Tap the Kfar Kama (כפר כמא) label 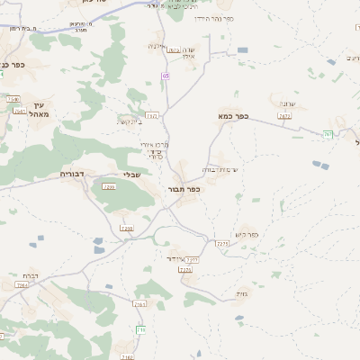[232, 116]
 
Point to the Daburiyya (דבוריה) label [71, 173]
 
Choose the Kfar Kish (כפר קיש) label [246, 235]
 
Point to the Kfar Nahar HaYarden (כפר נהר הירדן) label [214, 18]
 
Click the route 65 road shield [166, 76]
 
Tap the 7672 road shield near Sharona [284, 116]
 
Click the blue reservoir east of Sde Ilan [243, 50]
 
